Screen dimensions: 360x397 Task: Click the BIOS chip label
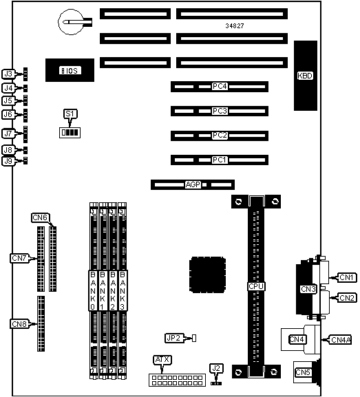[70, 70]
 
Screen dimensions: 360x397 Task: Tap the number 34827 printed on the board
[235, 26]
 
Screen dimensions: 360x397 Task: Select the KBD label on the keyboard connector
[305, 76]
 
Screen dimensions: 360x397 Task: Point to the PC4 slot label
[220, 86]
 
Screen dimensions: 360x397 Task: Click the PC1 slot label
[220, 160]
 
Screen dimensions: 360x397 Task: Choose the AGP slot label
[193, 184]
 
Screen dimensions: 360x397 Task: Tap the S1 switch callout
[70, 114]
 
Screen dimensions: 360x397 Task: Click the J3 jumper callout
[8, 74]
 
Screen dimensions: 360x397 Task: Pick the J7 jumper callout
[8, 133]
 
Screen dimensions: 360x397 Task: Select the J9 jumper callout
[8, 161]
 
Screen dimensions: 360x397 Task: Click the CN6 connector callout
[40, 217]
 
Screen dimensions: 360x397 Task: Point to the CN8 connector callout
[19, 324]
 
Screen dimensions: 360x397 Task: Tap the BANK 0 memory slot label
[93, 290]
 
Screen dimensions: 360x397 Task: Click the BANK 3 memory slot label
[123, 290]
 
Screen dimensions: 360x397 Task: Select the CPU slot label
[256, 286]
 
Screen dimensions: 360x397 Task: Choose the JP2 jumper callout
[174, 338]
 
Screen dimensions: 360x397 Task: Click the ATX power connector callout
[162, 360]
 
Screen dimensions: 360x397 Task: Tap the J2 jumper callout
[216, 368]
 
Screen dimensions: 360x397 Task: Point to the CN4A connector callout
[341, 340]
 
